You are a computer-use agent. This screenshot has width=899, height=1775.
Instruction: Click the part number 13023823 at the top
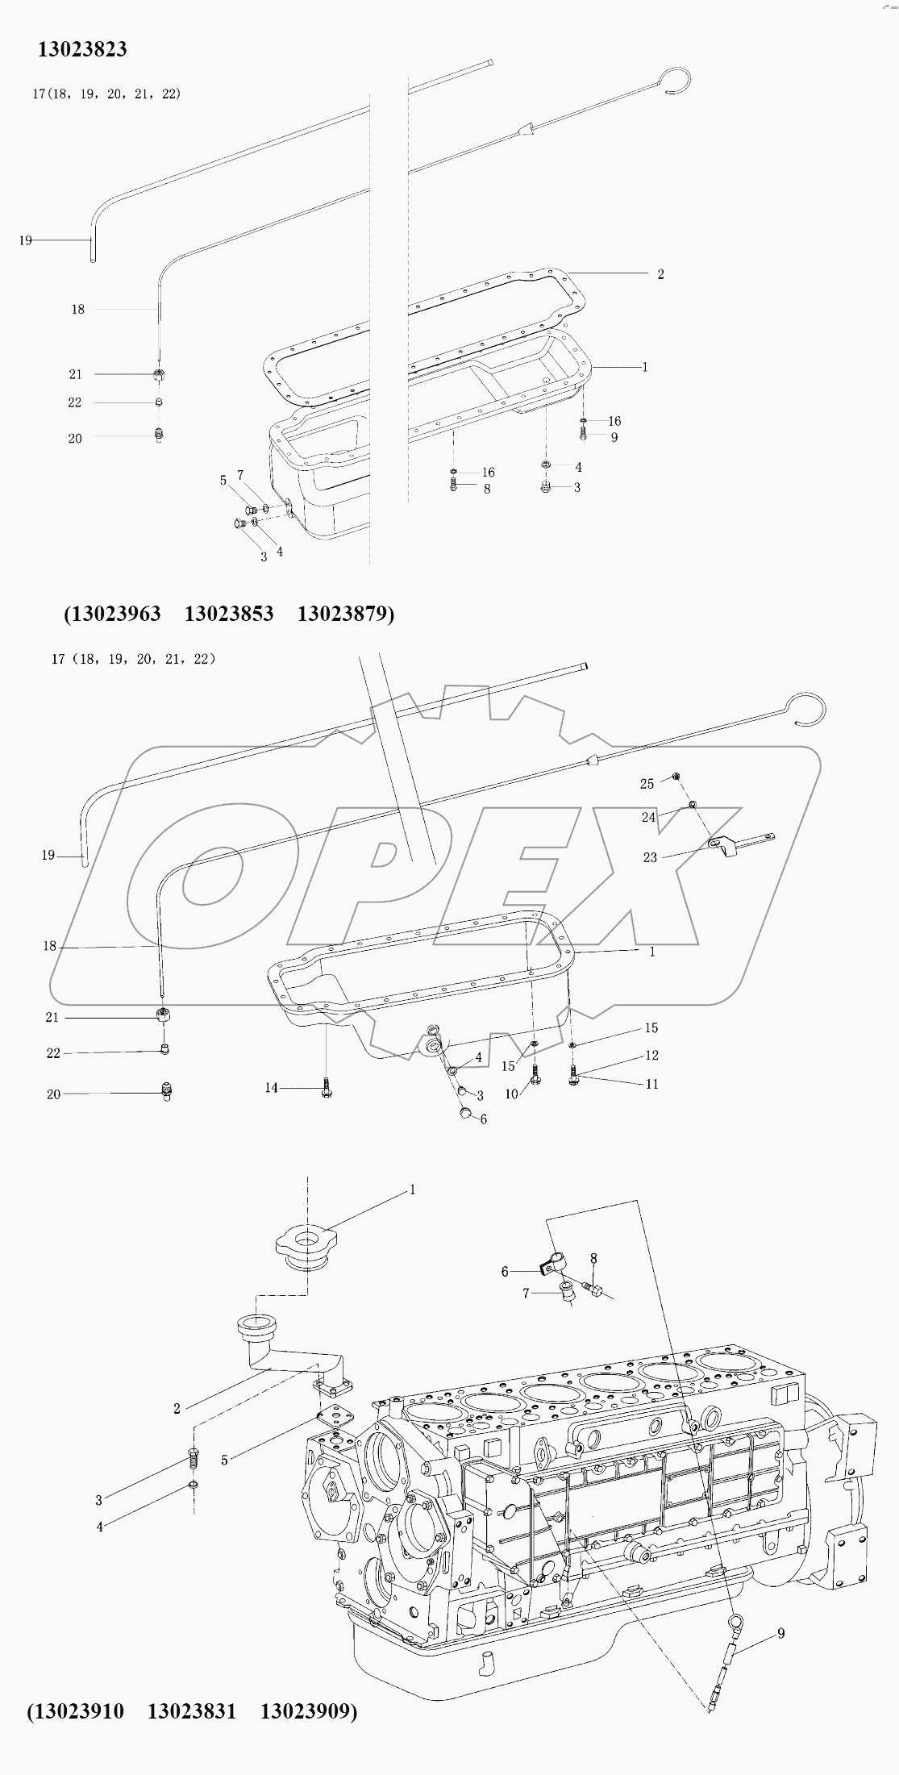click(83, 49)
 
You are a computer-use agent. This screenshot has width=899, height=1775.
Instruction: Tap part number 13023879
click(342, 614)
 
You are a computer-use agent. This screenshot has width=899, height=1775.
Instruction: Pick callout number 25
click(647, 784)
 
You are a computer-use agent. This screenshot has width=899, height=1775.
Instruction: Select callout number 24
click(649, 817)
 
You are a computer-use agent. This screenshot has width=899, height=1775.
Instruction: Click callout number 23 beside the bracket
click(650, 857)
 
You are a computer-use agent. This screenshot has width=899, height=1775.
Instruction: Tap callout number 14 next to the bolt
click(271, 1088)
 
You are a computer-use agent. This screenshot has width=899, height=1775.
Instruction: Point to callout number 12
click(651, 1055)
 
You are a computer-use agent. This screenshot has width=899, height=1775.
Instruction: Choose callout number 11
click(651, 1084)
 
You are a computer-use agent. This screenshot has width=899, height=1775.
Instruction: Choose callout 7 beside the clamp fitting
click(526, 1293)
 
